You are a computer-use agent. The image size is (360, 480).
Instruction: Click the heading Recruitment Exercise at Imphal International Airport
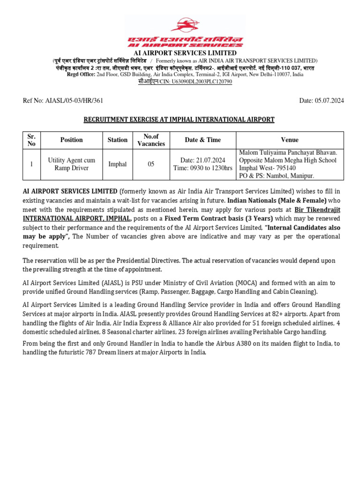(x=179, y=120)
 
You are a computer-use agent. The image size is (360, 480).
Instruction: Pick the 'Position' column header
(x=71, y=140)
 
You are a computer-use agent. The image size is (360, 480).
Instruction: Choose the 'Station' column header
(x=117, y=140)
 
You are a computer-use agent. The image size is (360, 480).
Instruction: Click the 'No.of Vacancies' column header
(x=151, y=140)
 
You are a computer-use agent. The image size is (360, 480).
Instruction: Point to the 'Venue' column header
(x=289, y=140)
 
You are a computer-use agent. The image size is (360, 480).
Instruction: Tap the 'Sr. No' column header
(x=31, y=140)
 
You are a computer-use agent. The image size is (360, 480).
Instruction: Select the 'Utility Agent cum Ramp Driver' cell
(x=71, y=164)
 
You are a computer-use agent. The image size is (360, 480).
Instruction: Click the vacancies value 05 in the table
(x=151, y=164)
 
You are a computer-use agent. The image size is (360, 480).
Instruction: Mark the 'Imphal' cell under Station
(x=117, y=164)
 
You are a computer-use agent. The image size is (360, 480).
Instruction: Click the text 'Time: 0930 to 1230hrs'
(x=202, y=168)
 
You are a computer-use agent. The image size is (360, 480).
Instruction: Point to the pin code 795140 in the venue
(x=284, y=168)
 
